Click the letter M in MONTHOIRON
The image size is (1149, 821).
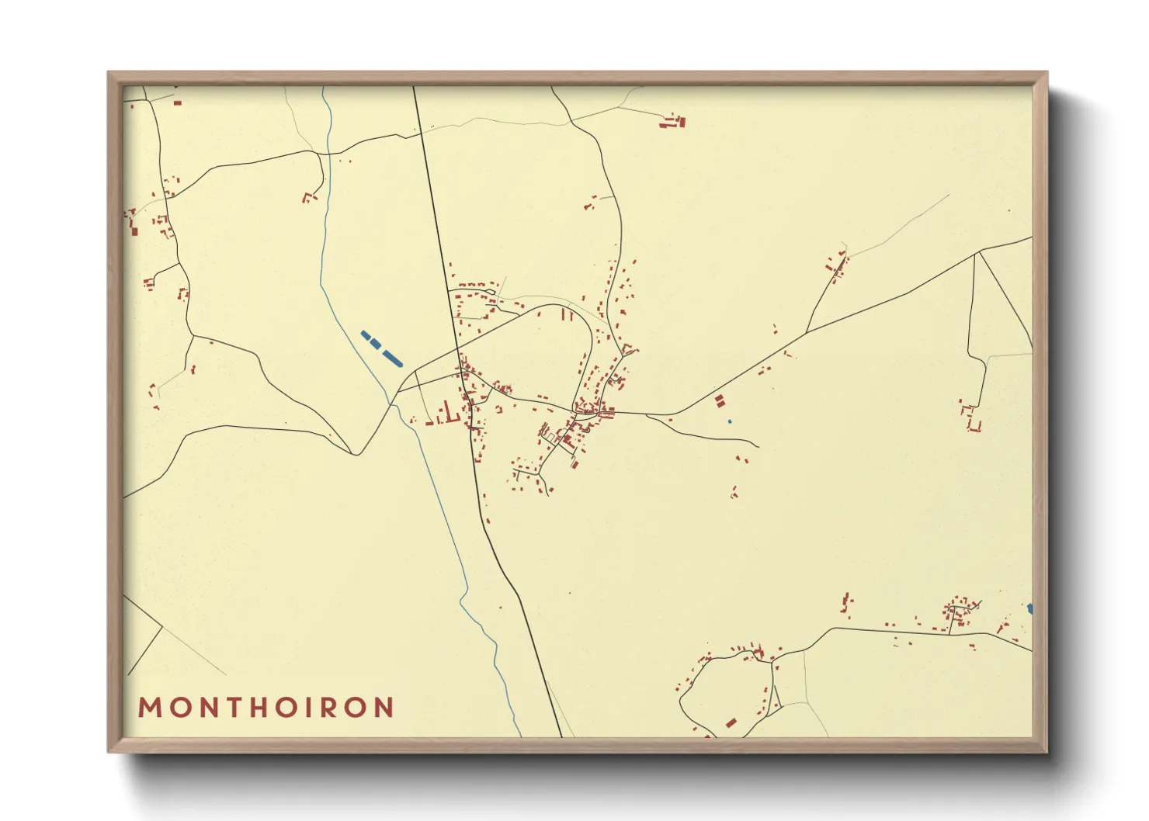coord(149,708)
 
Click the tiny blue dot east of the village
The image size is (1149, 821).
coord(730,421)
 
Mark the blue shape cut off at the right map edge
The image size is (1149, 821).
coord(1029,608)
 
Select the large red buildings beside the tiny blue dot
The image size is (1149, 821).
coord(719,401)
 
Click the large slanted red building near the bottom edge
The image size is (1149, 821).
coord(731,723)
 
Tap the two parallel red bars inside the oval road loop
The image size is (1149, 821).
coord(567,315)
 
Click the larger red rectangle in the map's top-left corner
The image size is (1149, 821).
coord(177,102)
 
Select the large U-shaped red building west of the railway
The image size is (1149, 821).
coord(445,414)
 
